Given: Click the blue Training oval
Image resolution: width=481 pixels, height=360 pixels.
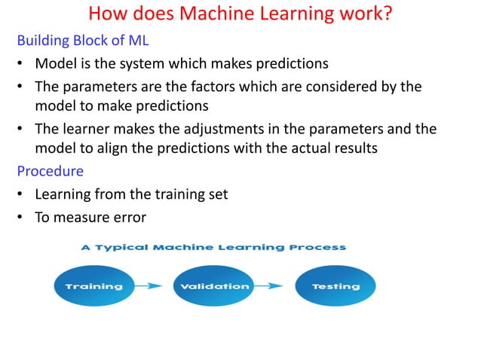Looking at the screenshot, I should [x=94, y=286].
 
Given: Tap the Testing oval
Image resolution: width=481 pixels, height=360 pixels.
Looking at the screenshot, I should [x=335, y=286].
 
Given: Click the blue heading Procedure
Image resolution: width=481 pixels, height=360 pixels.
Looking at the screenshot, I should [x=50, y=171].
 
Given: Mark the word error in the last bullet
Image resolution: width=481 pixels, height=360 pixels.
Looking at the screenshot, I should [x=129, y=218].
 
